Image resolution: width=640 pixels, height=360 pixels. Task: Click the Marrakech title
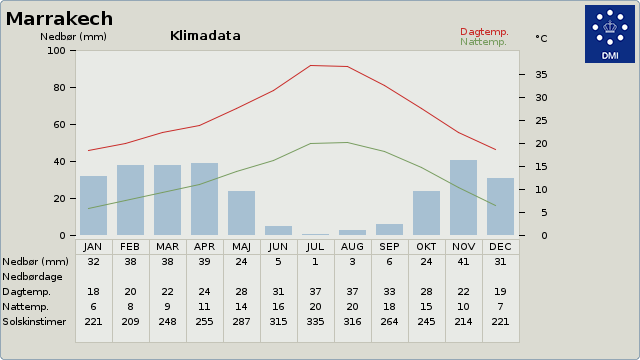(x=59, y=19)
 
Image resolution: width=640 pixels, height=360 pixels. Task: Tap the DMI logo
(x=610, y=34)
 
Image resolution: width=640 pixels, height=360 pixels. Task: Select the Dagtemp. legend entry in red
(x=484, y=32)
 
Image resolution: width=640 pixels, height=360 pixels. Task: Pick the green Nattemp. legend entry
(x=483, y=42)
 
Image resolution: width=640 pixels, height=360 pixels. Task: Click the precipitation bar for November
(x=463, y=198)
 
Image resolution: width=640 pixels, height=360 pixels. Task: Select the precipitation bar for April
(x=204, y=199)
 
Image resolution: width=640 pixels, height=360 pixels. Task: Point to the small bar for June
(x=278, y=231)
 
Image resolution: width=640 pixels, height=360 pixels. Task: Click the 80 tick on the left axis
(x=59, y=88)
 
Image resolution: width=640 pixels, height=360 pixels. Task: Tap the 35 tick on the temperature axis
(x=541, y=75)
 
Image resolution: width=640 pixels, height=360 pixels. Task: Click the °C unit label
(x=541, y=38)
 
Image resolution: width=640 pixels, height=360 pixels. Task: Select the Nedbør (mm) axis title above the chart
(x=73, y=37)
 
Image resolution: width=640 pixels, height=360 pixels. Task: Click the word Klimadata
(x=205, y=36)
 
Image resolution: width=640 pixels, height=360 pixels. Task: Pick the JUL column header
(x=315, y=247)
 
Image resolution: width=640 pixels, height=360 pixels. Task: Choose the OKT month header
(x=426, y=247)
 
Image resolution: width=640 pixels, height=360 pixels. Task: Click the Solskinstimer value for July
(x=315, y=322)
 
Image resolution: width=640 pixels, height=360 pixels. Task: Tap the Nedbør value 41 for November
(x=463, y=262)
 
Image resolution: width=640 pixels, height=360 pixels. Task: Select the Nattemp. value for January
(x=93, y=307)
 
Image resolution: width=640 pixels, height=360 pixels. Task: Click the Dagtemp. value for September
(x=389, y=292)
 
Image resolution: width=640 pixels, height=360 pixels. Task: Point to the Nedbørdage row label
(x=32, y=277)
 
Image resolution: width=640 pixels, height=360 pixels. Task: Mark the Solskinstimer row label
(x=34, y=322)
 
